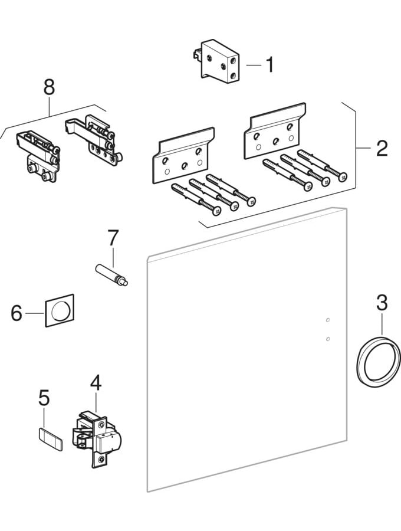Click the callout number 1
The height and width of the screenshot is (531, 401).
pos(269,65)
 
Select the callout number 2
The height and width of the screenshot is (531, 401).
pos(382,147)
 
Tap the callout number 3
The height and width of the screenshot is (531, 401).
pos(382,303)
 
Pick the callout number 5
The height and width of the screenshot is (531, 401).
pos(44,398)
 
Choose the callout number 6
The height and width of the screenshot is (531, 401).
pos(17,313)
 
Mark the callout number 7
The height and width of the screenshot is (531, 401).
pos(112,238)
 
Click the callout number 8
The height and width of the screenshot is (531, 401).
pos(49,87)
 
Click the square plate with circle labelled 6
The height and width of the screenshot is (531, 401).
pos(60,310)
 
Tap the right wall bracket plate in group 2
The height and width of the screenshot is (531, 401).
pos(275,133)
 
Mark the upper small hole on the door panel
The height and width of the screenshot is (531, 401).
pos(328,320)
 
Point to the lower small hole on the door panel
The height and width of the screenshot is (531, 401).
pos(328,339)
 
